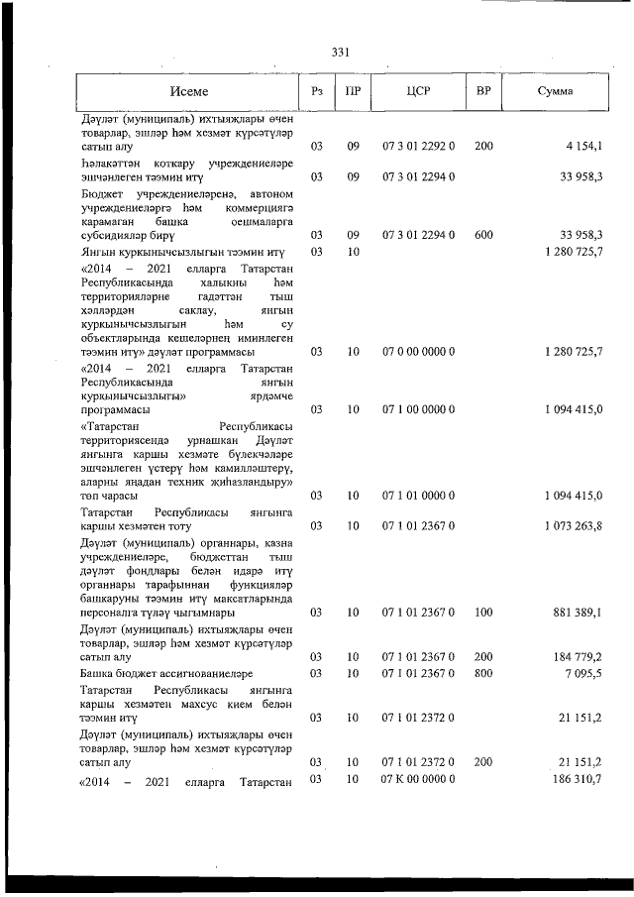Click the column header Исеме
click(188, 91)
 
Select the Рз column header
click(317, 91)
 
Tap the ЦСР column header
click(417, 91)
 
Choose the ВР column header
click(483, 91)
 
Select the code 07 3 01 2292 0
click(418, 147)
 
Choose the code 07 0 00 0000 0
click(418, 352)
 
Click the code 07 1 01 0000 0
click(418, 495)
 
